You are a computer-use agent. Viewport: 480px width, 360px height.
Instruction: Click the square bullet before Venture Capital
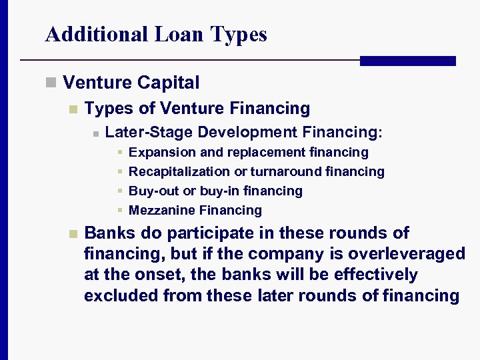tap(50, 83)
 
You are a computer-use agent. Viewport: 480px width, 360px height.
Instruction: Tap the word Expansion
tap(158, 153)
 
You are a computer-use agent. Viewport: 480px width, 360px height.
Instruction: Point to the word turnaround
tap(287, 172)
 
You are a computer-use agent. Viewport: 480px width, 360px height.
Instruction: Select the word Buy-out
tap(154, 191)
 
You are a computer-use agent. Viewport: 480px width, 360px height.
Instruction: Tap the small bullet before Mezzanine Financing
tap(119, 211)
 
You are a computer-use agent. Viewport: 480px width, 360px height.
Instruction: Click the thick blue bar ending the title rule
tap(407, 61)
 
